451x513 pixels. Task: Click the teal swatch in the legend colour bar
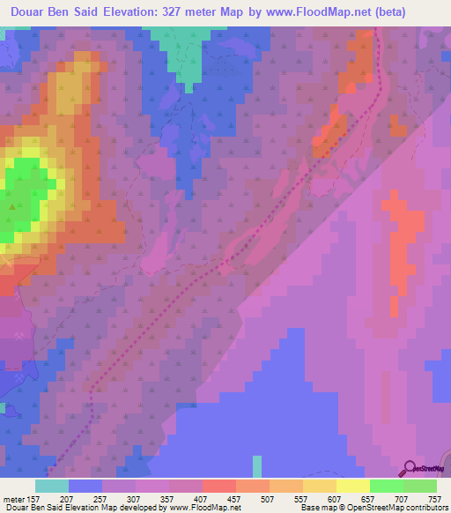pyautogui.click(x=51, y=486)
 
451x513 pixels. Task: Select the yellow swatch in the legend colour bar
pyautogui.click(x=352, y=486)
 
